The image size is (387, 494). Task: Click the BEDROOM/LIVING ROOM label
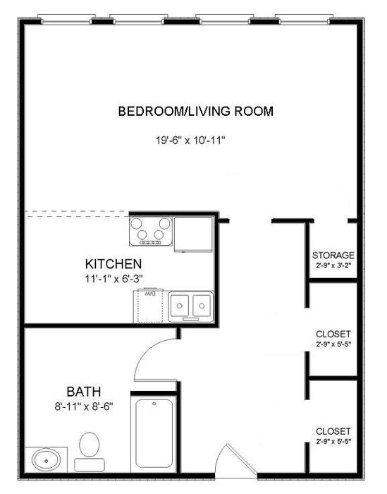(x=195, y=111)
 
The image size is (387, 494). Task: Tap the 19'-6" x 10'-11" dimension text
(x=190, y=140)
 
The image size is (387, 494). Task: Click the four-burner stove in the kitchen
(x=150, y=231)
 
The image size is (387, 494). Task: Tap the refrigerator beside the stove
(x=194, y=233)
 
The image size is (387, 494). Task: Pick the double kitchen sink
(x=190, y=306)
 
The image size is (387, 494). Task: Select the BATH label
(x=84, y=392)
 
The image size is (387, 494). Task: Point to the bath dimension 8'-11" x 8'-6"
(x=84, y=406)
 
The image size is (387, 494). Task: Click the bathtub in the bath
(x=154, y=434)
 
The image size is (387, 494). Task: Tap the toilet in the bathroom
(x=89, y=452)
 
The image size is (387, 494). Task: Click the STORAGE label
(x=333, y=255)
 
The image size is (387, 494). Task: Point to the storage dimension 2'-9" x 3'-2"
(x=333, y=265)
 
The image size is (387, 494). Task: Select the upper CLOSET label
(x=333, y=334)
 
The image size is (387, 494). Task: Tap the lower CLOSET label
(x=333, y=430)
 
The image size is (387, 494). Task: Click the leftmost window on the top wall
(x=68, y=20)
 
